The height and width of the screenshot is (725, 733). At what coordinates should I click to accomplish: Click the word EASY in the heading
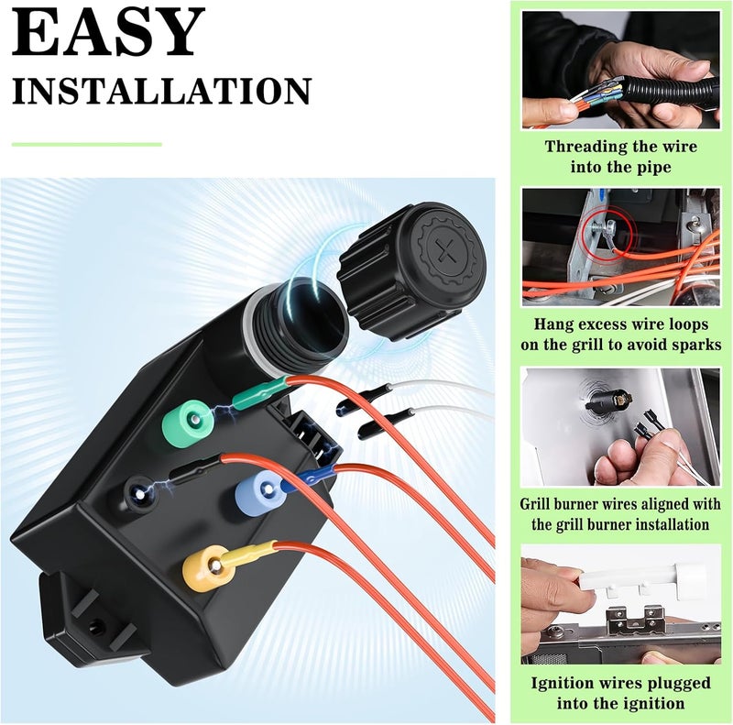(108, 34)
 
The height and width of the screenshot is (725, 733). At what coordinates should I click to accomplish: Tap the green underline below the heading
(87, 144)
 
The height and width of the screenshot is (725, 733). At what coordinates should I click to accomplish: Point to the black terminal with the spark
(138, 493)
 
